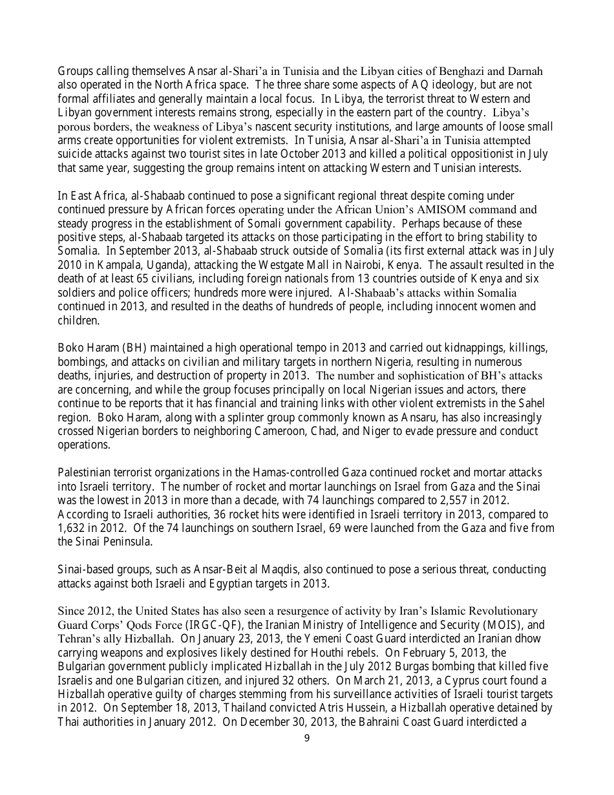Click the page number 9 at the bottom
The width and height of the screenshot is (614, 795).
point(306,739)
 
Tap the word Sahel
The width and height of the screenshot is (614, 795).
point(533,404)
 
